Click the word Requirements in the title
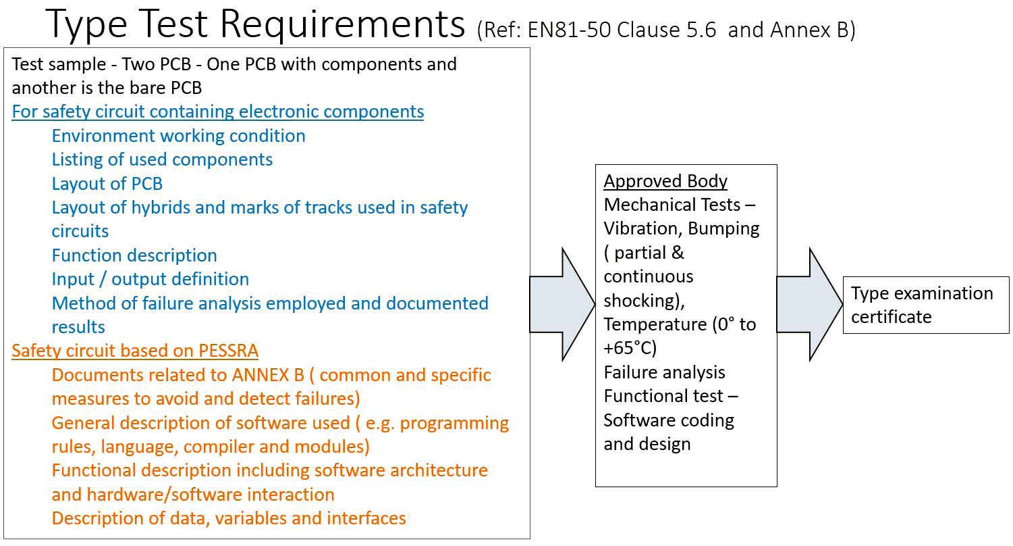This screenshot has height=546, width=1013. coord(342,24)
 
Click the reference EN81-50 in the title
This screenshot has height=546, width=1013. coord(569,30)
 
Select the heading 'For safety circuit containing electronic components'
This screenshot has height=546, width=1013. coord(217,111)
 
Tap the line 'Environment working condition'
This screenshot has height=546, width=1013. coord(179,136)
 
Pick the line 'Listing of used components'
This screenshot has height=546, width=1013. coord(162,160)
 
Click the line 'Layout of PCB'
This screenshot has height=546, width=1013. coord(107,184)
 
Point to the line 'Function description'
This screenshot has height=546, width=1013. coord(134,255)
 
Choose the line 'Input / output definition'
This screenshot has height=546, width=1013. coord(150,279)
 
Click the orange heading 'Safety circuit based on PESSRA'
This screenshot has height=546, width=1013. coord(135,351)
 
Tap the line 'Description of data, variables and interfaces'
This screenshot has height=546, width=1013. coord(229,518)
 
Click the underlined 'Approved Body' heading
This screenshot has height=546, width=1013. coord(665,181)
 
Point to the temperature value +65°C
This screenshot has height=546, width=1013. coord(630,348)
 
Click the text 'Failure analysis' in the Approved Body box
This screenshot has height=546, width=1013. coord(664,372)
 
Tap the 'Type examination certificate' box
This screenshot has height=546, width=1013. coord(926,305)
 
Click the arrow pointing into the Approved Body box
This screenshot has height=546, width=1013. coord(562,305)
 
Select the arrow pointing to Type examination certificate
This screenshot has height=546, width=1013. coord(809,305)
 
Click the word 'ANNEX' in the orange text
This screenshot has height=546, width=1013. coord(261,375)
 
